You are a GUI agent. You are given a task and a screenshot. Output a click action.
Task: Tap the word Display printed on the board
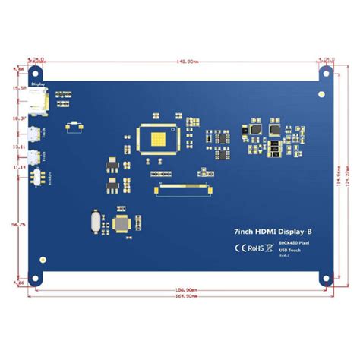coord(37,85)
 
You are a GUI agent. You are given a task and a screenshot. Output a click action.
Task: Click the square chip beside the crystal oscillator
coord(121,223)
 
